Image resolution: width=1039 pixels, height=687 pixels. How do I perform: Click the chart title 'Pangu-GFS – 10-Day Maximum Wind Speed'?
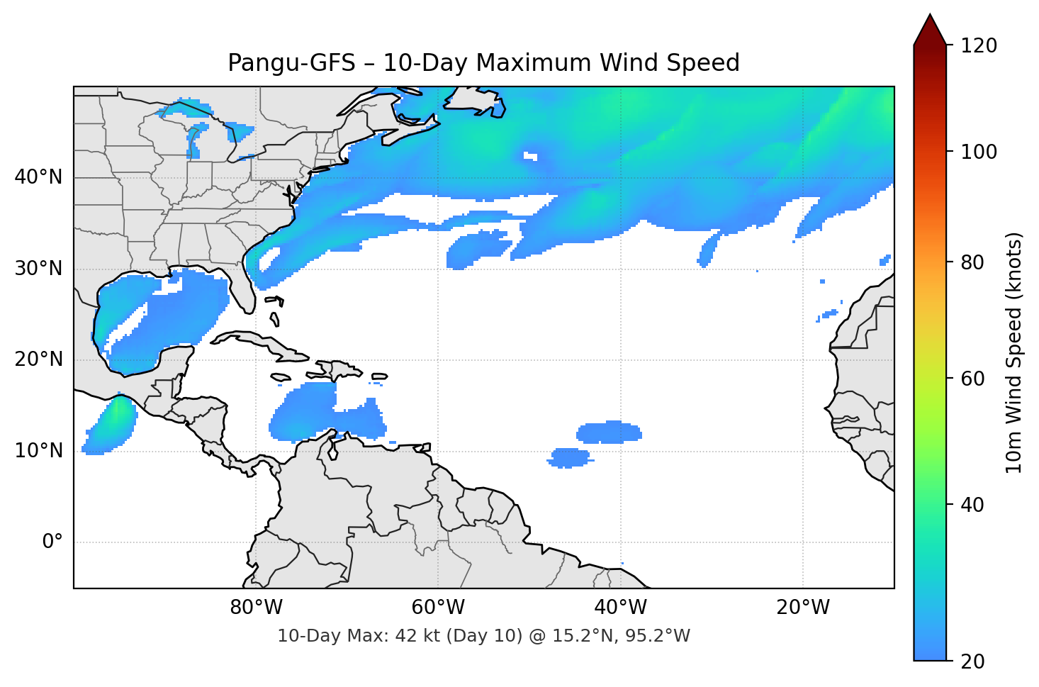[x=483, y=63]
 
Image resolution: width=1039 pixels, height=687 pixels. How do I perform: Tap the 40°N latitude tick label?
[x=38, y=177]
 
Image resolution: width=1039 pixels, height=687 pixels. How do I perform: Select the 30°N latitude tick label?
[x=38, y=269]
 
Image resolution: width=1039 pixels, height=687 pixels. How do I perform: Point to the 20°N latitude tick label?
[x=38, y=359]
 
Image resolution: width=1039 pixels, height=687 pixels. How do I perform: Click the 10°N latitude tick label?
[x=38, y=451]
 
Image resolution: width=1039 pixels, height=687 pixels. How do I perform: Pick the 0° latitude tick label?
[x=52, y=542]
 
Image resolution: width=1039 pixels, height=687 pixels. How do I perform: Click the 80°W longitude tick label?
[x=256, y=608]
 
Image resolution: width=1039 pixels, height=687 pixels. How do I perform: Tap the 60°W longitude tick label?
[x=438, y=608]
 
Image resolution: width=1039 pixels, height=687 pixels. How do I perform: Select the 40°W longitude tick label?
[x=620, y=608]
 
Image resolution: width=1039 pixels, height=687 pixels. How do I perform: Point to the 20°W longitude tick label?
[x=802, y=608]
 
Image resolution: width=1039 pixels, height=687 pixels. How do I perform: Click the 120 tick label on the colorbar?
[x=979, y=45]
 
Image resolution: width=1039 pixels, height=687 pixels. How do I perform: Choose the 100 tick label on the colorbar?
[x=979, y=152]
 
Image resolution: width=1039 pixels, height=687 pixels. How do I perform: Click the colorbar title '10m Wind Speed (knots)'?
[x=1014, y=352]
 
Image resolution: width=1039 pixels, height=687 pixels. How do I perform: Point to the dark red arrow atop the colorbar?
[x=930, y=30]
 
